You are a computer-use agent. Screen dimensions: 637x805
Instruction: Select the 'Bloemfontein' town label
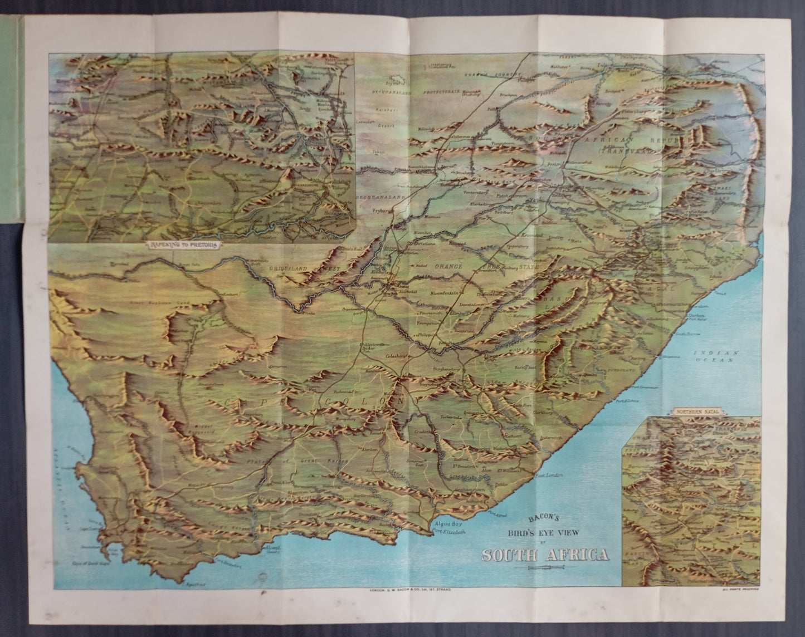pyautogui.click(x=443, y=293)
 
